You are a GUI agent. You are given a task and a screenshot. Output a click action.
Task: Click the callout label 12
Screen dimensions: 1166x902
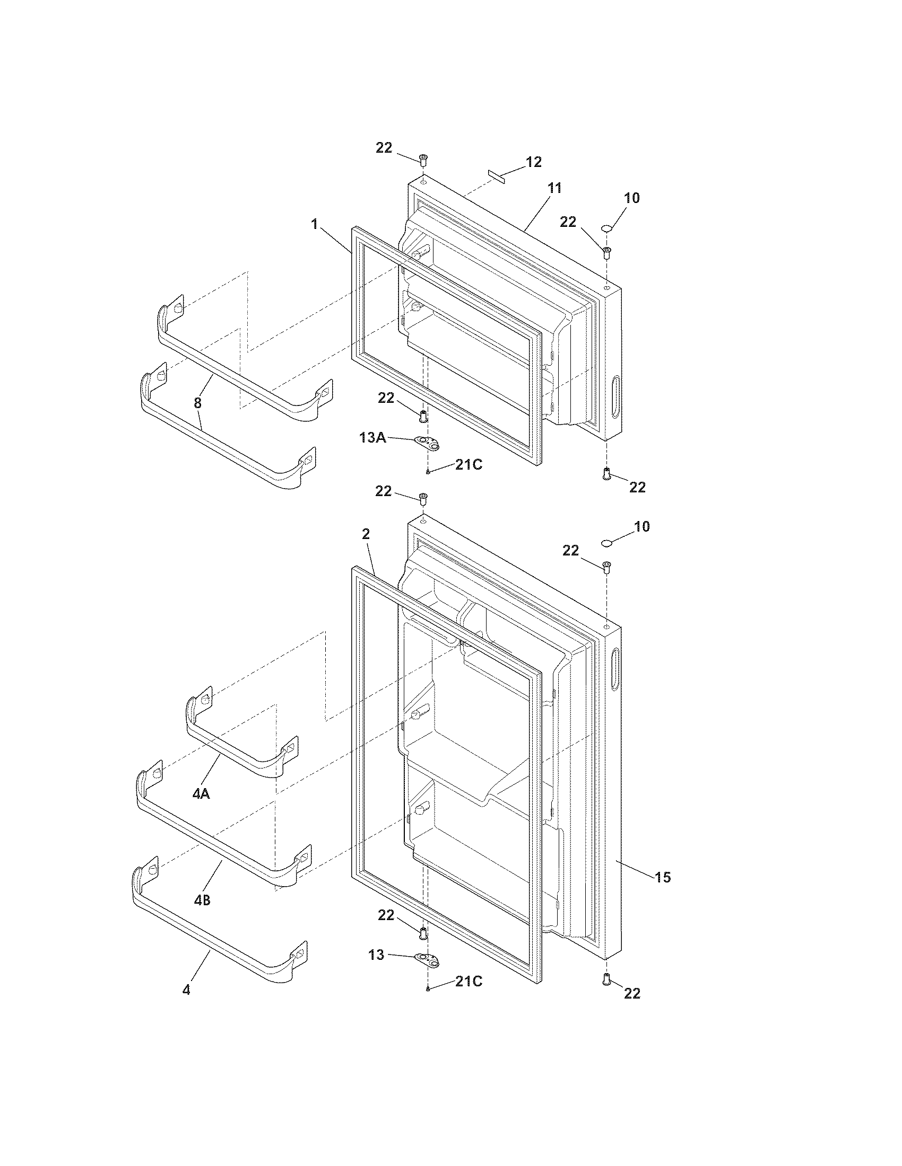tap(533, 162)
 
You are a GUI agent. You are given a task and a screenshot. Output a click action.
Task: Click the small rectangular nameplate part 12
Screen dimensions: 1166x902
tap(497, 176)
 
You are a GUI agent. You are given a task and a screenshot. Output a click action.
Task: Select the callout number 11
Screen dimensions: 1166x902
tap(554, 188)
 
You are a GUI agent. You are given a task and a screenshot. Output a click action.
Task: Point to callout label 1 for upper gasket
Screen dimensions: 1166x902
tap(314, 224)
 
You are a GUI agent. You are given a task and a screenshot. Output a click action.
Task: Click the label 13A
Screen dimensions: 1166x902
tap(372, 438)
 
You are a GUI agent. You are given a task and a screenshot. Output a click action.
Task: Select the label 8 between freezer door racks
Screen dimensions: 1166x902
tap(198, 403)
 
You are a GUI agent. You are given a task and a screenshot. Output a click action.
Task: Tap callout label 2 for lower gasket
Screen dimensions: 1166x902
tap(366, 534)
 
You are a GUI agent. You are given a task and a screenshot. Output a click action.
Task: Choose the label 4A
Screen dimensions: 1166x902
tap(201, 809)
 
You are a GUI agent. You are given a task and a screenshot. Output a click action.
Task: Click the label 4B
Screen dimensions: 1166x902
tap(202, 900)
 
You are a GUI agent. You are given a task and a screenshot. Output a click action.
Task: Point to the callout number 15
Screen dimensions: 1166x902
tap(663, 877)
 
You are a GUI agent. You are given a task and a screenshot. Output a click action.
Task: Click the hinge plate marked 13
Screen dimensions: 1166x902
tap(428, 959)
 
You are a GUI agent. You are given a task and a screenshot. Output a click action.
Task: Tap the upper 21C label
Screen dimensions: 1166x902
tap(469, 465)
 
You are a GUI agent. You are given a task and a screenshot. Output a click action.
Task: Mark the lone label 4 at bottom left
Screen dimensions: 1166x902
tap(186, 990)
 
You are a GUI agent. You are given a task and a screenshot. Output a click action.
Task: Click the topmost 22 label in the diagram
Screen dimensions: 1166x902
tap(384, 148)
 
